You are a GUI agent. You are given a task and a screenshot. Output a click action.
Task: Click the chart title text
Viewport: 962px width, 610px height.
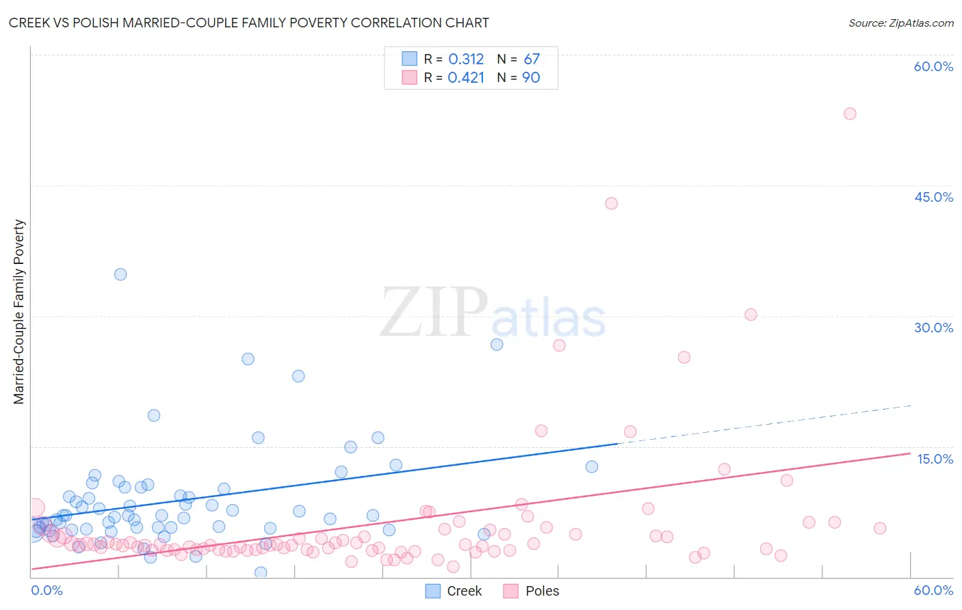(x=248, y=23)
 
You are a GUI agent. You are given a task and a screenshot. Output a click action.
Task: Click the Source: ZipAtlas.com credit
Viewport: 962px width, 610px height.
(x=900, y=23)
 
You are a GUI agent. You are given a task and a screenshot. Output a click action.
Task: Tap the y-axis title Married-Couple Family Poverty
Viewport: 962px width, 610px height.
(x=19, y=312)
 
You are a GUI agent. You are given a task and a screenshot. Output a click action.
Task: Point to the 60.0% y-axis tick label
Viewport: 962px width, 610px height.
(x=933, y=66)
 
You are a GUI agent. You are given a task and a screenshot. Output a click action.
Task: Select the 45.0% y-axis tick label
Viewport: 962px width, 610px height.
(x=933, y=197)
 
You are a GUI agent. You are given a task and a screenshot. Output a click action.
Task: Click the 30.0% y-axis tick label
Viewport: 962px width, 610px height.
(x=933, y=328)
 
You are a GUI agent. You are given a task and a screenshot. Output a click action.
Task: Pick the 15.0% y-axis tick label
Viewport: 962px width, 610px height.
(x=935, y=459)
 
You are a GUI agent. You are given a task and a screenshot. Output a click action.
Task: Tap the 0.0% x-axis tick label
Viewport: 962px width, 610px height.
(x=47, y=590)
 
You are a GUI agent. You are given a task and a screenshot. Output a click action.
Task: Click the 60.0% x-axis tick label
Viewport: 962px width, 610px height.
(x=933, y=590)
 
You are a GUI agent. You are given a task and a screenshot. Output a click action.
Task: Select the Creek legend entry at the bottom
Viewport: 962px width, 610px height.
(x=454, y=591)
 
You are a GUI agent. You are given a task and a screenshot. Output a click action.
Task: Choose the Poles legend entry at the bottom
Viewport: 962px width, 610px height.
(x=532, y=591)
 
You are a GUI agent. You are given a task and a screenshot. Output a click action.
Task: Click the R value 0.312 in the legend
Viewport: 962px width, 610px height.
(x=466, y=59)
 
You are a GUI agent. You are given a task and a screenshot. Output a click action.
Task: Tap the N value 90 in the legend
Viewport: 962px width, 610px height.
(x=531, y=78)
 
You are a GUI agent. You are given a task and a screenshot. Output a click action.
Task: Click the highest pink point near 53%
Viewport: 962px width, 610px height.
(x=850, y=114)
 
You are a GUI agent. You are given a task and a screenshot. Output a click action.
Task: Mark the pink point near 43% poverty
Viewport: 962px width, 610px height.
(x=611, y=203)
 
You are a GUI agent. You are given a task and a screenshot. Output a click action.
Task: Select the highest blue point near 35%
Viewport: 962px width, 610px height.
(x=120, y=274)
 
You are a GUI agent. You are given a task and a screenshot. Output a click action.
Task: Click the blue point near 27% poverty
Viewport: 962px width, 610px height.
(x=497, y=345)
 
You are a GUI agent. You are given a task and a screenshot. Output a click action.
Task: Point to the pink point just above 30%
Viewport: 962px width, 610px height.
(x=751, y=315)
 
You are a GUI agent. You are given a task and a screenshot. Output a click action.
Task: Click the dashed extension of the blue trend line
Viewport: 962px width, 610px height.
(x=766, y=424)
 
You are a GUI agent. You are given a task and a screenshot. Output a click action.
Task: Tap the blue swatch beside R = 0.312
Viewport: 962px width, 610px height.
(x=409, y=59)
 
